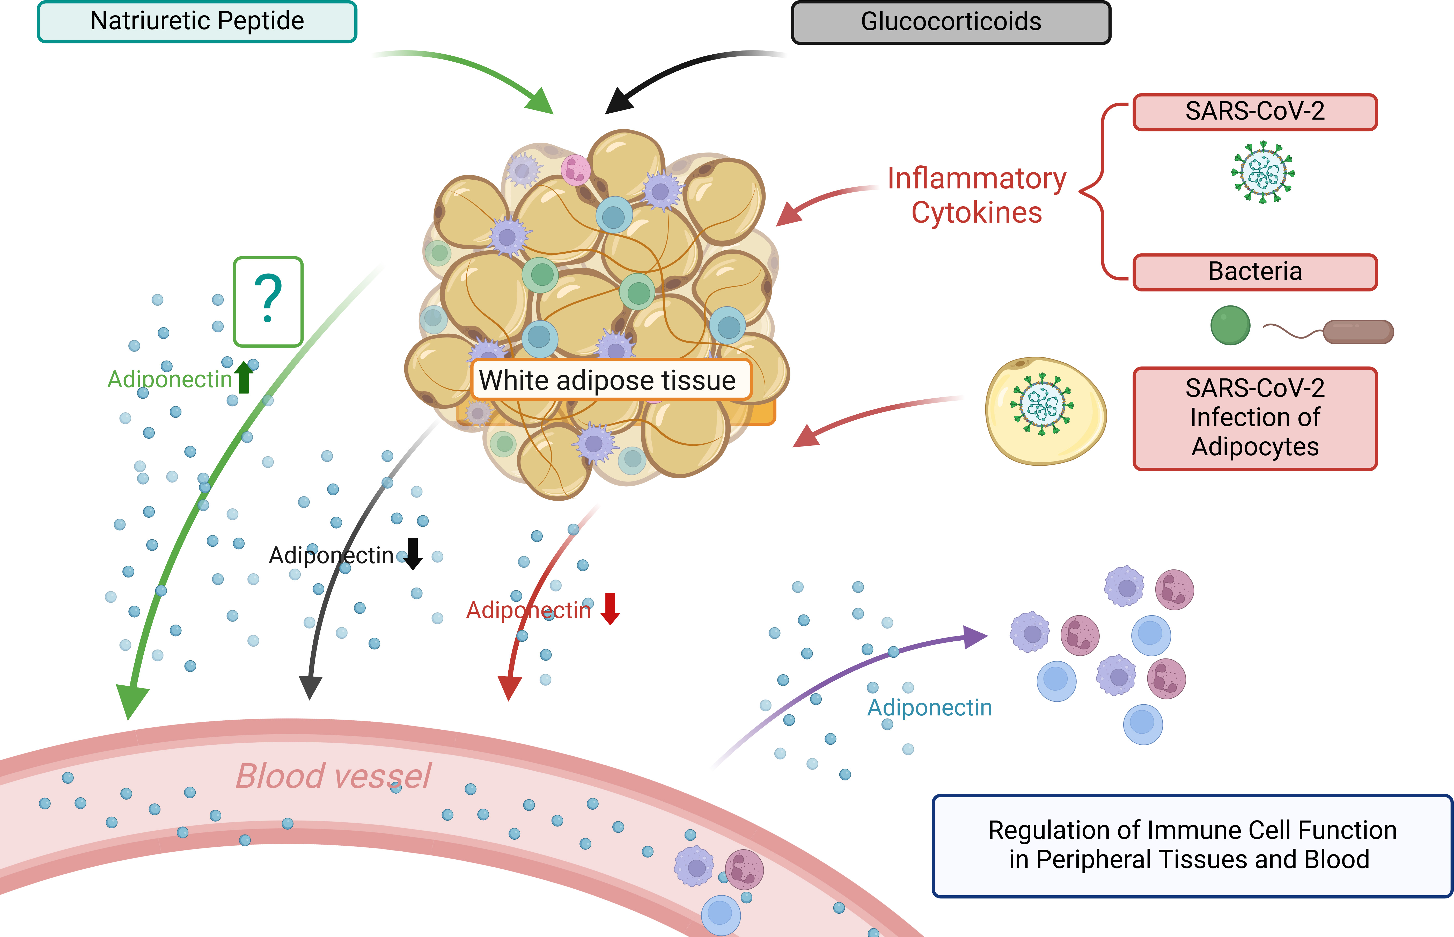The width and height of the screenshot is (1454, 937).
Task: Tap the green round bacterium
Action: coord(1230,326)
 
